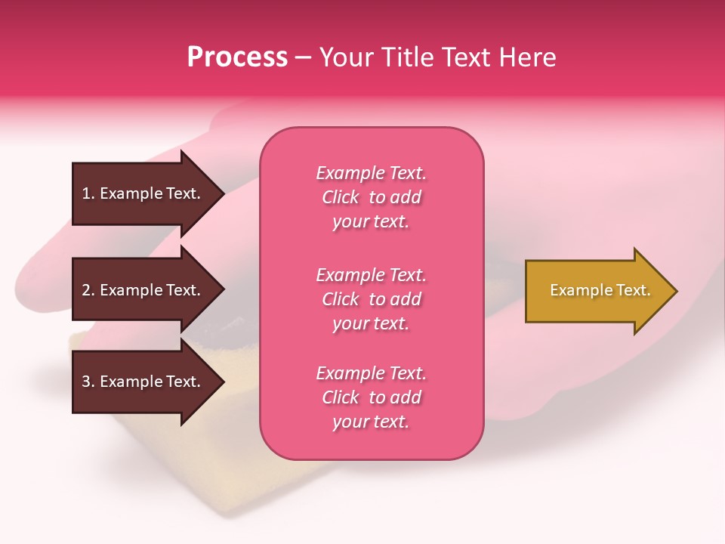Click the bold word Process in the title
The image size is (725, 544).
[x=237, y=57]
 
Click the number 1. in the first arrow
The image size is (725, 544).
[x=88, y=193]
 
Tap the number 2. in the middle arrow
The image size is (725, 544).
[x=88, y=290]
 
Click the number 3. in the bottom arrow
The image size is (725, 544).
[x=88, y=382]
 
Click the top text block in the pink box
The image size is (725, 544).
[x=371, y=197]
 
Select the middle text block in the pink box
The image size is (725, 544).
[x=371, y=299]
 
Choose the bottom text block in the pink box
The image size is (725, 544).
[x=371, y=397]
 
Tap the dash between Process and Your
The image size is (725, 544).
[x=303, y=57]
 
